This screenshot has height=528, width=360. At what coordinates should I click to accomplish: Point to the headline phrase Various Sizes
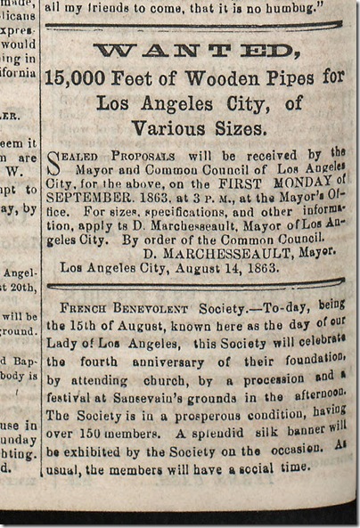[x=192, y=128]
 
